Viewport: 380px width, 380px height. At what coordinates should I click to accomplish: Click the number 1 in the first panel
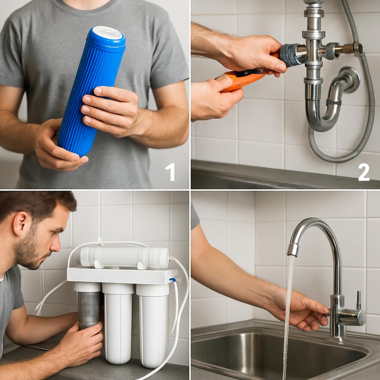click(170, 172)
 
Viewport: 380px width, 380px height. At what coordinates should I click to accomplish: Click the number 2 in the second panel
click(364, 172)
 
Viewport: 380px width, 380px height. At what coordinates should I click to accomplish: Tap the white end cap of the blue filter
click(107, 33)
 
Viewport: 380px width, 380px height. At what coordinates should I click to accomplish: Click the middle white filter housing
click(118, 323)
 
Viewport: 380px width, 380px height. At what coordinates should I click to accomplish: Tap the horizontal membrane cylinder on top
click(125, 257)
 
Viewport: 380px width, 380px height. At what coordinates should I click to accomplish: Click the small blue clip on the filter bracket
click(173, 280)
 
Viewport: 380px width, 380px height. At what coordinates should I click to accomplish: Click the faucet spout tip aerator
click(293, 249)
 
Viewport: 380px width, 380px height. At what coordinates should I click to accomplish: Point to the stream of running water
click(288, 318)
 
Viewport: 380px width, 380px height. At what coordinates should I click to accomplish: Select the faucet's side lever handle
click(352, 317)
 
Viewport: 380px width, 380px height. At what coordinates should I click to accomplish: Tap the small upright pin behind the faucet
click(359, 300)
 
